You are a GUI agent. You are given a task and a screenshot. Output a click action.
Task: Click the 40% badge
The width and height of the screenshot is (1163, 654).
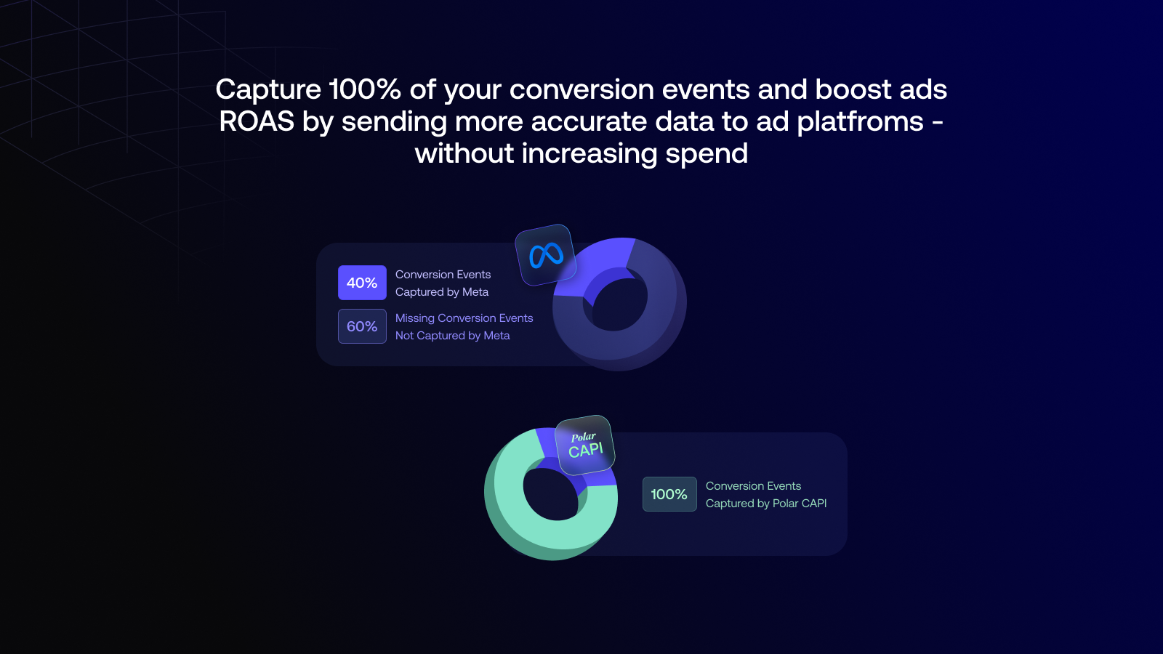(362, 283)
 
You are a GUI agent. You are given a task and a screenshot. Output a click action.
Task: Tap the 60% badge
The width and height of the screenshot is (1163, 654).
(362, 326)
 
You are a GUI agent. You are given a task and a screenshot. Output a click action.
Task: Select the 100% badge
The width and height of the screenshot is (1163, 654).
(669, 494)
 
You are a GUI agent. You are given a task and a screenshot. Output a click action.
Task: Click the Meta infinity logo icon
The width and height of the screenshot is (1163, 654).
(546, 255)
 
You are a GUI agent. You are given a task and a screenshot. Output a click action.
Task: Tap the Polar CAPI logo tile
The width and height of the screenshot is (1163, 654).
(584, 445)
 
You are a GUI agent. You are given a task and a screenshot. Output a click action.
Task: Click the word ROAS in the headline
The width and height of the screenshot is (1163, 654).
(257, 121)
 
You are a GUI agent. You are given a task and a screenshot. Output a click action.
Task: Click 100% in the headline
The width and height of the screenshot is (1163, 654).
(365, 89)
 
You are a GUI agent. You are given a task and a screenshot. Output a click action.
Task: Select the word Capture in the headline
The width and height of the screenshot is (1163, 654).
(268, 90)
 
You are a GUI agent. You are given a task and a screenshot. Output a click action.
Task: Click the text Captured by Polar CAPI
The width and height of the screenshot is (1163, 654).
(766, 504)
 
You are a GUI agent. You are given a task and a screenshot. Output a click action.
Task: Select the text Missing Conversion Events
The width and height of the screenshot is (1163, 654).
(464, 318)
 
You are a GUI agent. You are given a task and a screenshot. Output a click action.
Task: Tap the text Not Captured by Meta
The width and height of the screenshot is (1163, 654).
(452, 335)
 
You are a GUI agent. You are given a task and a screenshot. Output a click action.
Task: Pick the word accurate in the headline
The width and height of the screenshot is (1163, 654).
(589, 122)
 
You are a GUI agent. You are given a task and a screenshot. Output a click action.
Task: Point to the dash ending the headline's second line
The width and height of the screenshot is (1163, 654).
(938, 124)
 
